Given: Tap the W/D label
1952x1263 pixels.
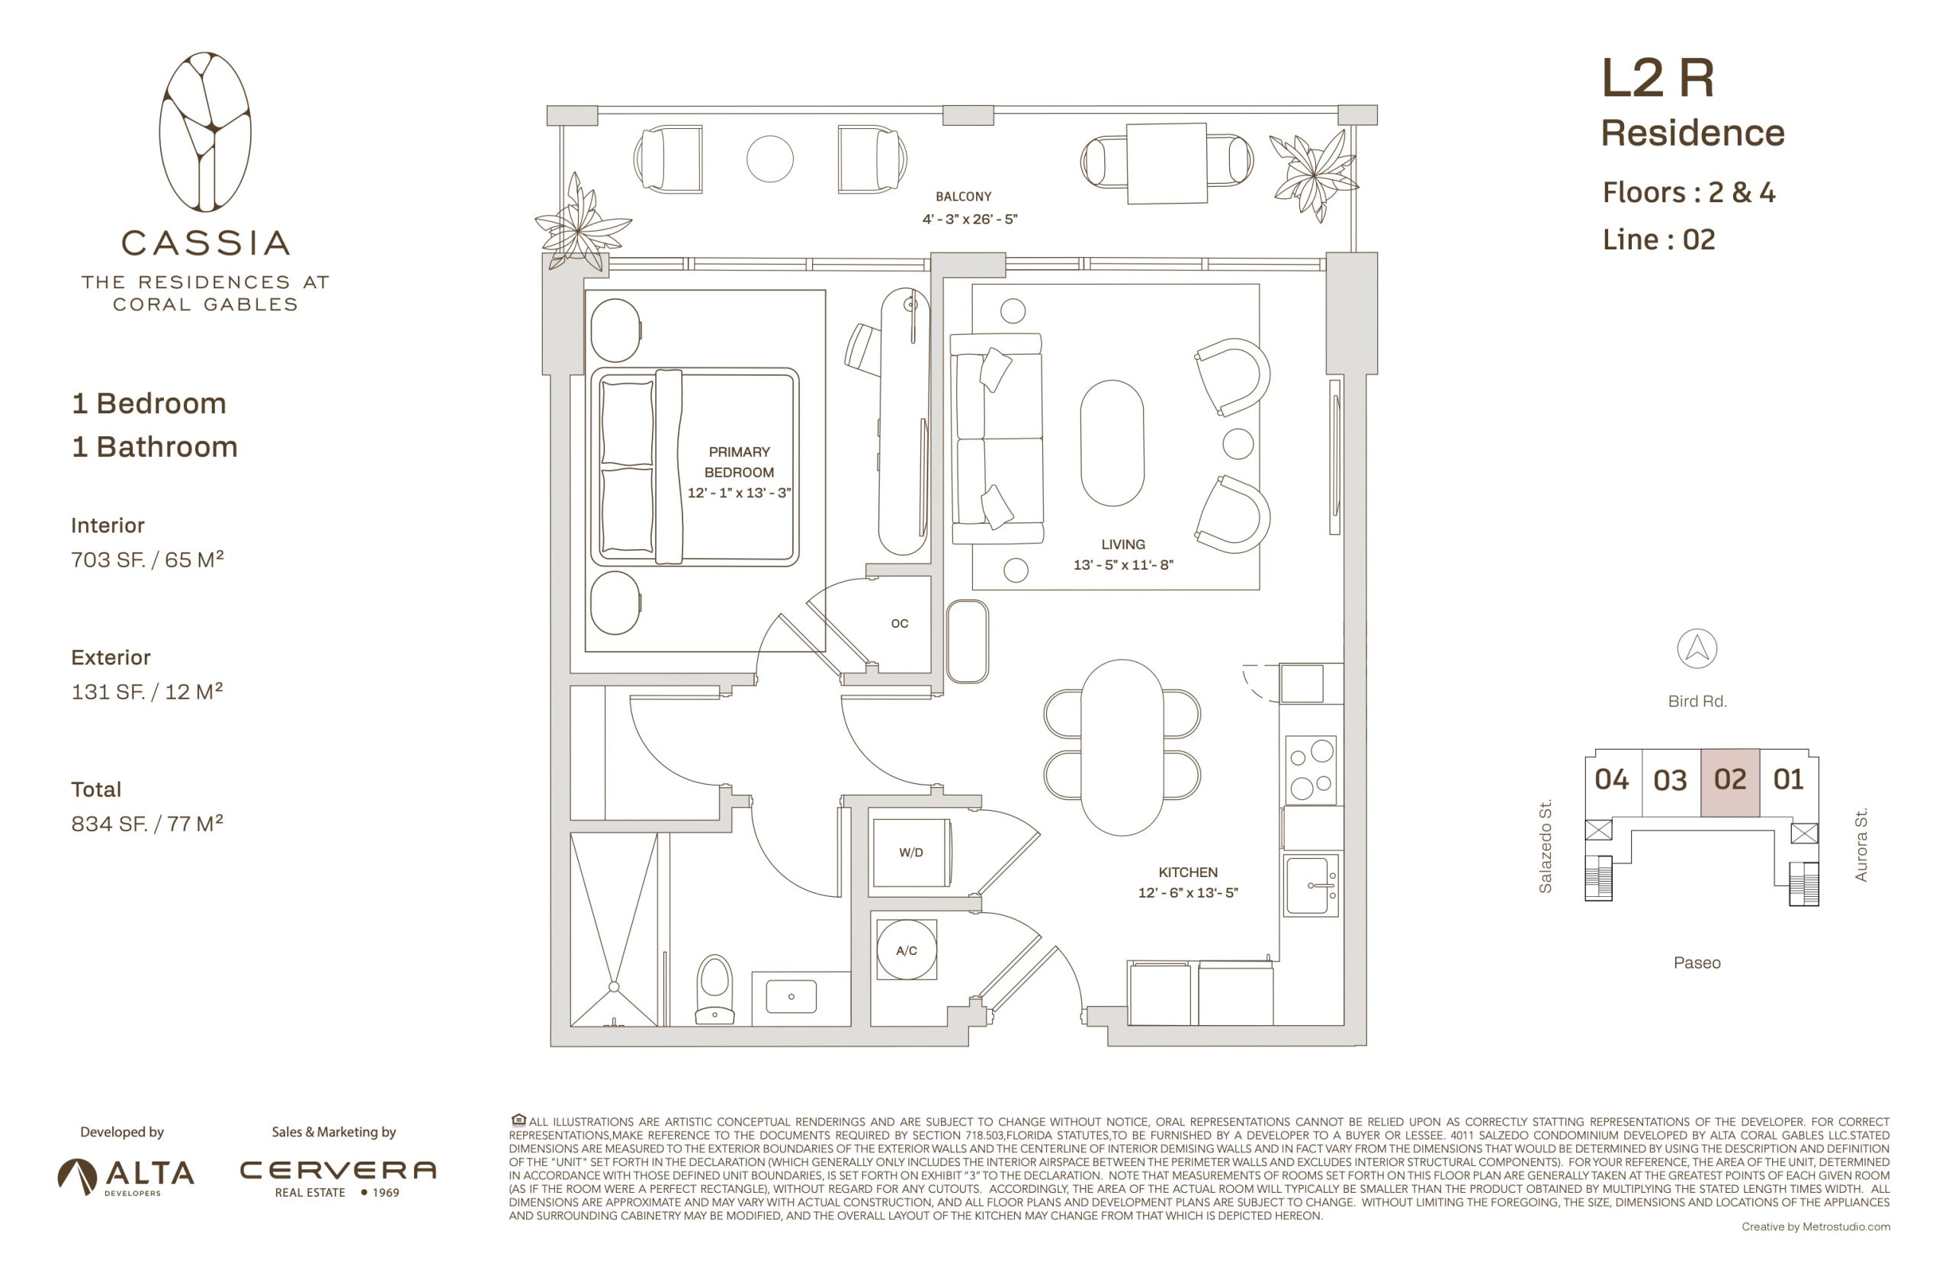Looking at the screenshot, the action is (x=911, y=852).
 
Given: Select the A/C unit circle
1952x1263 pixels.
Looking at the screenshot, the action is (x=906, y=950).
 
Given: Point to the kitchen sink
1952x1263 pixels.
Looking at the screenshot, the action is (x=1310, y=885).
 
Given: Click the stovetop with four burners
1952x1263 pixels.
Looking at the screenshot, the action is (x=1311, y=770).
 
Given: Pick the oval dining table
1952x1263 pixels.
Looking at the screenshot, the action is (x=1122, y=747).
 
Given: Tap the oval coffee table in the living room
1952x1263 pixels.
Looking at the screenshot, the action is (x=1112, y=443).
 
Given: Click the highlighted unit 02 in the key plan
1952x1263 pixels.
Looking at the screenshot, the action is (x=1730, y=782).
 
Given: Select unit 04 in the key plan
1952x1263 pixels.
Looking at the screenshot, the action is (x=1612, y=780).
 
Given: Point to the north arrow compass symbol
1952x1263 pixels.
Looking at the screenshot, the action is (x=1697, y=649).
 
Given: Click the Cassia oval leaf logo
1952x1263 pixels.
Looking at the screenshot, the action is (x=205, y=132).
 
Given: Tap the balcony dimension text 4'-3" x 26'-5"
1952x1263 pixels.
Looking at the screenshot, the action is (x=969, y=219).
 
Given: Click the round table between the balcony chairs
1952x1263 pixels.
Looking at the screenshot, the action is (x=770, y=159).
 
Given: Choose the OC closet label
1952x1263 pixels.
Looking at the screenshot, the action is (x=899, y=623).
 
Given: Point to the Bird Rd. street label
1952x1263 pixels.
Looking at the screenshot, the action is (x=1697, y=701).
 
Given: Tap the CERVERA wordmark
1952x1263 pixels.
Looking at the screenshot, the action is (x=338, y=1170).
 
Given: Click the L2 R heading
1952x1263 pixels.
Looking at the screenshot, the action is (x=1657, y=79).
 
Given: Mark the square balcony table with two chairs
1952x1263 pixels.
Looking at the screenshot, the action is (x=1166, y=162).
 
